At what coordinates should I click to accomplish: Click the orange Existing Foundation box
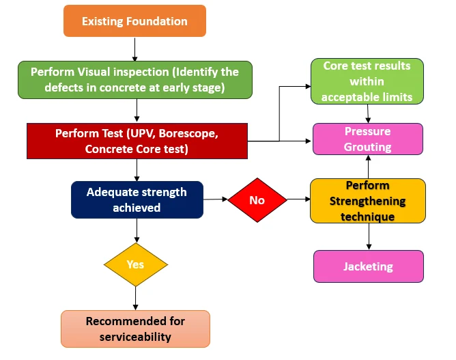[x=134, y=21]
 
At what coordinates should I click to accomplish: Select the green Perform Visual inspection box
[x=135, y=80]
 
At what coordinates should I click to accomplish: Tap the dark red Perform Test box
[x=137, y=141]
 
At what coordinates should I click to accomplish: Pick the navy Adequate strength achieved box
[x=137, y=199]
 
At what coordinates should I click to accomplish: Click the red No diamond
[x=257, y=200]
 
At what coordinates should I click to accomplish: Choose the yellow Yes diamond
[x=135, y=264]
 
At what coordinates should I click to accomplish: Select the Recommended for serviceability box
[x=135, y=329]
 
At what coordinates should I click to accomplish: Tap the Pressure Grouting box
[x=368, y=139]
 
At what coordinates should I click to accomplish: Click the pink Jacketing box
[x=368, y=266]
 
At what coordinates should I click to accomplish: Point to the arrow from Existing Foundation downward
[x=135, y=49]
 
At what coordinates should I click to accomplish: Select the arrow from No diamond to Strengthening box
[x=298, y=200]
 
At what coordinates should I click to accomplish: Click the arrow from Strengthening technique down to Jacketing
[x=369, y=236]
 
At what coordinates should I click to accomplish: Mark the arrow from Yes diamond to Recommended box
[x=135, y=297]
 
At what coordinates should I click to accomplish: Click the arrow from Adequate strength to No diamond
[x=216, y=199]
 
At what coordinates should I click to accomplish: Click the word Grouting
[x=368, y=146]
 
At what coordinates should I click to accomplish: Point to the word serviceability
[x=135, y=336]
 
